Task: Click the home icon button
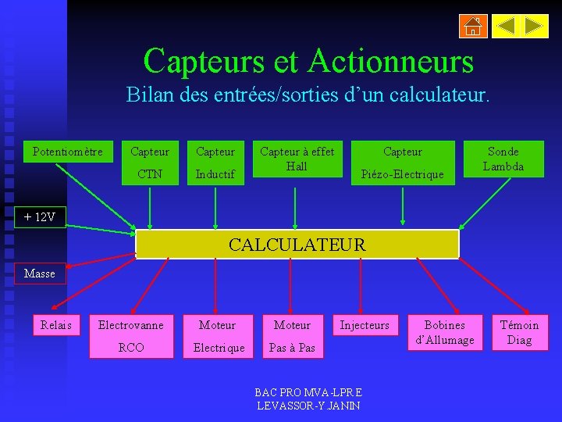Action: pyautogui.click(x=473, y=27)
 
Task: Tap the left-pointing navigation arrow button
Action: pyautogui.click(x=507, y=27)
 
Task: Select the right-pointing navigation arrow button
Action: pyautogui.click(x=535, y=27)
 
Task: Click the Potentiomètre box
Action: pyautogui.click(x=67, y=152)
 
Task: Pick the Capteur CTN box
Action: pyautogui.click(x=149, y=163)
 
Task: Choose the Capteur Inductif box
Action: pyautogui.click(x=215, y=163)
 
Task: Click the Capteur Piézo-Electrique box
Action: pyautogui.click(x=403, y=163)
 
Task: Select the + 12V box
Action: pyautogui.click(x=40, y=216)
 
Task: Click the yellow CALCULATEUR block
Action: pyautogui.click(x=297, y=245)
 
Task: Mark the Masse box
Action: pyautogui.click(x=40, y=274)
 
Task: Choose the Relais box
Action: pyautogui.click(x=56, y=324)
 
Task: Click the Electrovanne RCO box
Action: pyautogui.click(x=131, y=336)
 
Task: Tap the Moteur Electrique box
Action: pyautogui.click(x=219, y=336)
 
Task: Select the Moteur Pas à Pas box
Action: pyautogui.click(x=292, y=336)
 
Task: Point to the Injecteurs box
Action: pyautogui.click(x=365, y=324)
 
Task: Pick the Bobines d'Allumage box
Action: pyautogui.click(x=444, y=332)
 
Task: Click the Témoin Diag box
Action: pyautogui.click(x=519, y=332)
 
